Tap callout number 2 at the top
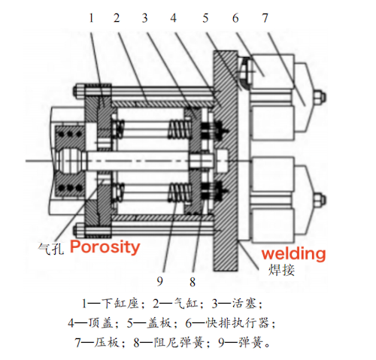(117, 17)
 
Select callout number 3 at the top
(144, 17)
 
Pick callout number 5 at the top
(205, 17)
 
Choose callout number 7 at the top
(265, 17)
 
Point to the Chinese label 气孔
(52, 247)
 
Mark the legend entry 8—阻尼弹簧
(183, 343)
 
